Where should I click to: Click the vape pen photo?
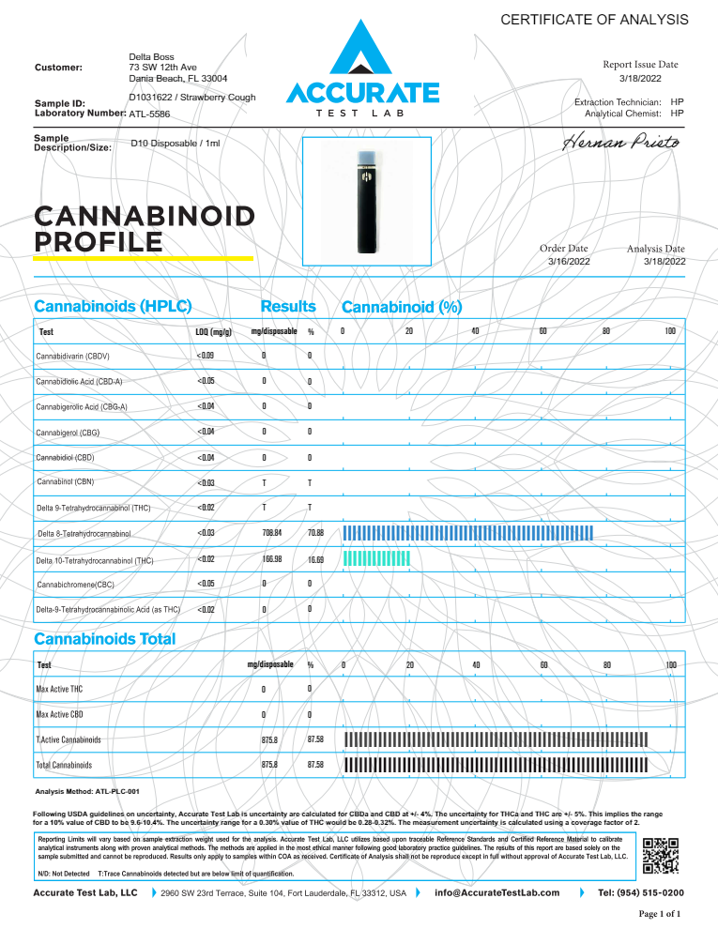[x=366, y=200]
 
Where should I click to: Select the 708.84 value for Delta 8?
[x=273, y=533]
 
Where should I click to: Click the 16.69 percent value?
[x=315, y=560]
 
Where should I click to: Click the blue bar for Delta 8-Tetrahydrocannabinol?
[x=468, y=533]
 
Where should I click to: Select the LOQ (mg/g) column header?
[x=206, y=332]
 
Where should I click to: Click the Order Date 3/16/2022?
[x=569, y=261]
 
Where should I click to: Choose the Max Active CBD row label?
[x=59, y=715]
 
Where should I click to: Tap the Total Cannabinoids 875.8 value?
[x=269, y=765]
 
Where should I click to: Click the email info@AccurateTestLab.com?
[x=497, y=893]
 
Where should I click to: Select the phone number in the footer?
[x=641, y=893]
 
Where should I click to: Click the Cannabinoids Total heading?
[x=104, y=639]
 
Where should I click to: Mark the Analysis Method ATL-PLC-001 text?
[x=86, y=792]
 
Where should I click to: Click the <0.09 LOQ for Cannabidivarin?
[x=206, y=356]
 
